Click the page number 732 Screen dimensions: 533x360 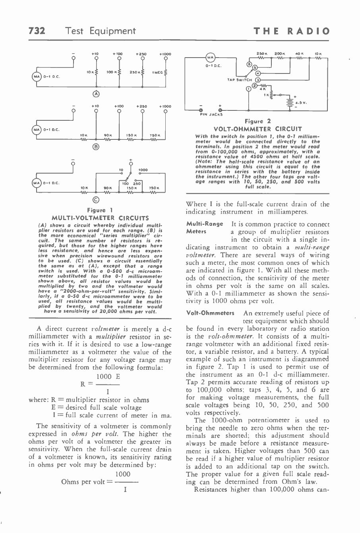pos(37,31)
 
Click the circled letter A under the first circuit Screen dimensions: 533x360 pos(96,94)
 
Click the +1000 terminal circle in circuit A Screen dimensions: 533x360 pos(165,60)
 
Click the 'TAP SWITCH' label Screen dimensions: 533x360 pos(237,79)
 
